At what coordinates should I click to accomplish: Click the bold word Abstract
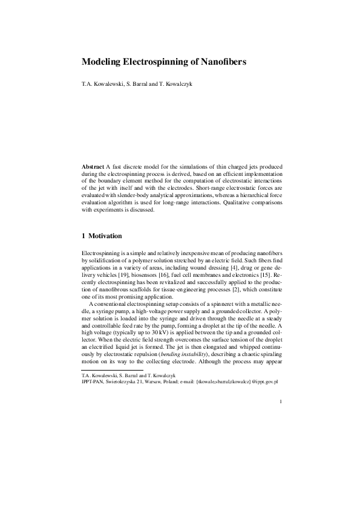(x=93, y=166)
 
